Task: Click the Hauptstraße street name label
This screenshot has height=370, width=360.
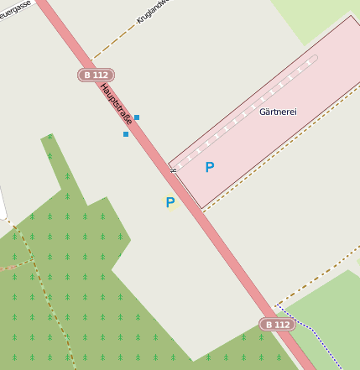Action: click(x=117, y=104)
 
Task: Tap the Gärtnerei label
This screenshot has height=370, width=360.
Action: click(x=279, y=111)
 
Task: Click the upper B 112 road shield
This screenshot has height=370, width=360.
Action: click(x=96, y=75)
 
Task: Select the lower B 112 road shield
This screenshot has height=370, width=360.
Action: click(x=277, y=324)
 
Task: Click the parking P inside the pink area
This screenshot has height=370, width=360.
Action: click(x=210, y=167)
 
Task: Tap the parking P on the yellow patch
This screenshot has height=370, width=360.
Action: click(x=170, y=202)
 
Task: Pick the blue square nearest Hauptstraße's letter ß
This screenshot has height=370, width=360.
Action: click(x=137, y=117)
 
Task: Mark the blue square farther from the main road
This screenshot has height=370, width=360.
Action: click(x=126, y=134)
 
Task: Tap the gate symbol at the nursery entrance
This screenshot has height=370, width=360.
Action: click(x=173, y=170)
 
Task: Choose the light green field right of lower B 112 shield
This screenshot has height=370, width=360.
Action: click(x=331, y=310)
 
